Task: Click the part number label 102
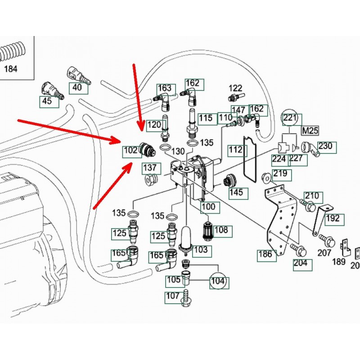130,150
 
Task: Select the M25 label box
309,131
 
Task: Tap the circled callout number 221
290,119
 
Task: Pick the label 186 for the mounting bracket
265,254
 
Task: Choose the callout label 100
208,207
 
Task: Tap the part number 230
324,146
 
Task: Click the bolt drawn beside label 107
185,297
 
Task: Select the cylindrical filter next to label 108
207,229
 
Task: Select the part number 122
235,88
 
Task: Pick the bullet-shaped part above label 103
186,237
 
